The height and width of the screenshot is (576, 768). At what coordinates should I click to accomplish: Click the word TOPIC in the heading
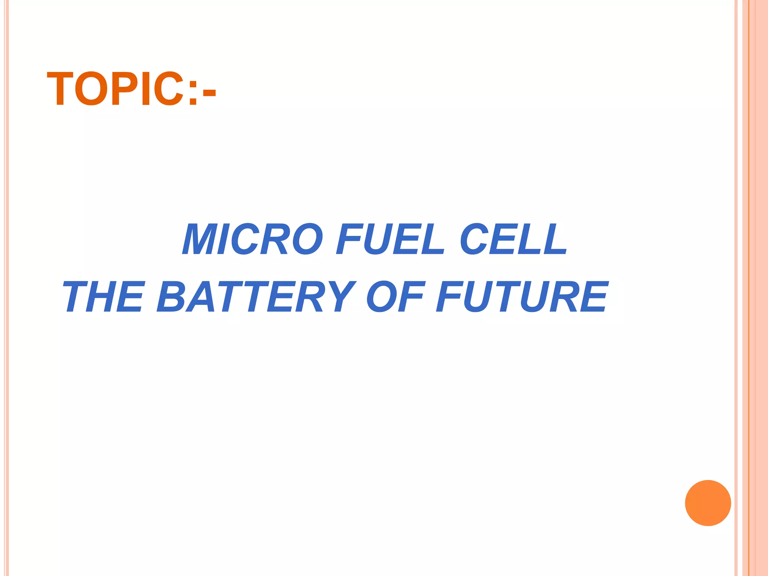(x=115, y=89)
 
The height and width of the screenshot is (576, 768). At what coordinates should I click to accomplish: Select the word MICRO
(x=252, y=239)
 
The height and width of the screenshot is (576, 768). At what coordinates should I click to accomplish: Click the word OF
(x=396, y=297)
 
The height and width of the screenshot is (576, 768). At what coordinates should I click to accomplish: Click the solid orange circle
(x=708, y=503)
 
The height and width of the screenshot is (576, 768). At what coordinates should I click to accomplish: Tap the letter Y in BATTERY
(x=340, y=297)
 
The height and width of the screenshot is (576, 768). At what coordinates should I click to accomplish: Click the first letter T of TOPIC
(x=60, y=89)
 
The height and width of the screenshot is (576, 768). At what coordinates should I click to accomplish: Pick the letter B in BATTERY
(x=170, y=297)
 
